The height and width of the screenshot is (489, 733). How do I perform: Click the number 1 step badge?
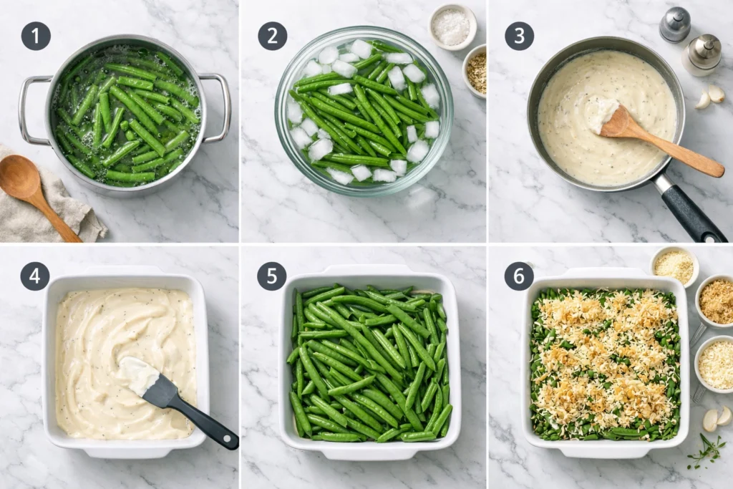click(x=36, y=36)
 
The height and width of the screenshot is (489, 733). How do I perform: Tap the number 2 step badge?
click(x=272, y=36)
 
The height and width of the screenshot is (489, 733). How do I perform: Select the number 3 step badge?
click(x=519, y=36)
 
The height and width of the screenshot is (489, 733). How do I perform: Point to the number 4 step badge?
click(x=34, y=276)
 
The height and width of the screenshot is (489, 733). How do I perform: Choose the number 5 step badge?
click(x=272, y=276)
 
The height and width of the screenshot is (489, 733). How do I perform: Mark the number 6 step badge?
click(x=519, y=276)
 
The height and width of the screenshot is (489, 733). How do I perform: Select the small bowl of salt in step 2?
click(x=452, y=27)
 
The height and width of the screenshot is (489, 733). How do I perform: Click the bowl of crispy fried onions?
click(x=716, y=301)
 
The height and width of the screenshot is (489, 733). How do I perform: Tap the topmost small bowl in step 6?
click(x=674, y=266)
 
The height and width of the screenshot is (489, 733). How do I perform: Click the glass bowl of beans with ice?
click(x=363, y=111)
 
